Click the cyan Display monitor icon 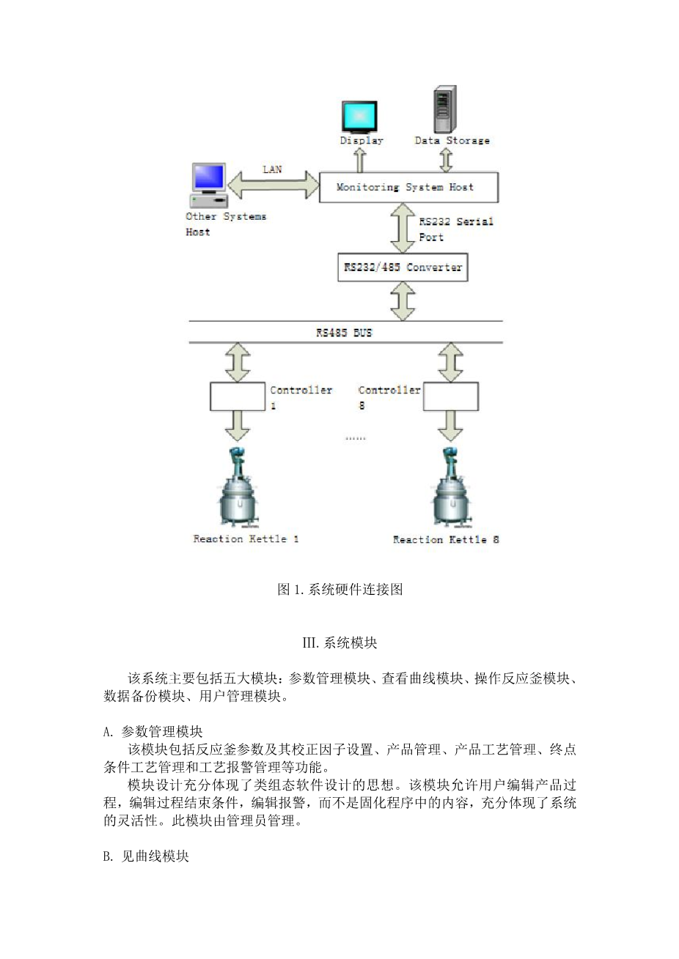tap(359, 117)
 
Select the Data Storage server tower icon tap(444, 108)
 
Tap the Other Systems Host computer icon tap(209, 186)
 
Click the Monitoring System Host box tap(408, 187)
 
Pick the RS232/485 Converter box tap(403, 267)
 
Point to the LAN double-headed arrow tap(274, 185)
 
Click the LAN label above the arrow tap(273, 169)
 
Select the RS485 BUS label tap(344, 333)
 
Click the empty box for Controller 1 tap(238, 396)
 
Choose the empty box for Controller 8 tap(451, 396)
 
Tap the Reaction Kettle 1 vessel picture tap(238, 487)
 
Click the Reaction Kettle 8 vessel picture tap(452, 487)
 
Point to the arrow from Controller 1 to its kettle tap(238, 426)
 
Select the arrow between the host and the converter tap(403, 228)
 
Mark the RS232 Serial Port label tap(456, 229)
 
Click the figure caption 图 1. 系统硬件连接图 tap(339, 590)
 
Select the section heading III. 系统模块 tap(339, 643)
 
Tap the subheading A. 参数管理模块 tap(153, 732)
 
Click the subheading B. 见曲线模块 tap(146, 856)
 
